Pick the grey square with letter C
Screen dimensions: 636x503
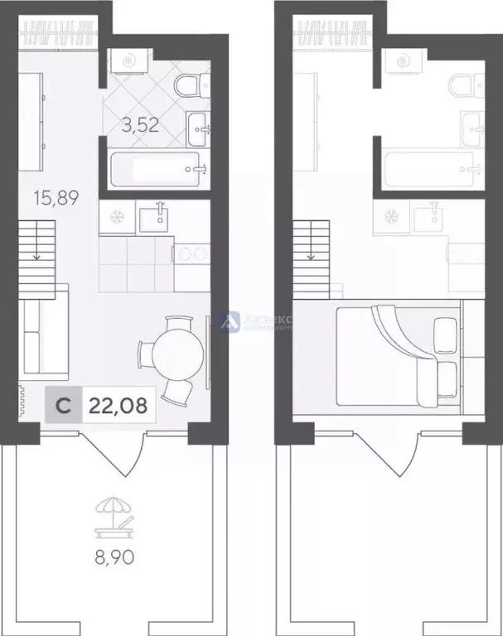[x=62, y=407]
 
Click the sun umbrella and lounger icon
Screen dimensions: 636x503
[x=112, y=516]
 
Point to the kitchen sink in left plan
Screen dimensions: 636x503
[x=156, y=218]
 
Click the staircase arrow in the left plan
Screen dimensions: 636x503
[x=36, y=256]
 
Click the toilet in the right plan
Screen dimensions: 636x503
[x=462, y=85]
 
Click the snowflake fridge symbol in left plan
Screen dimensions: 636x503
[x=115, y=218]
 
